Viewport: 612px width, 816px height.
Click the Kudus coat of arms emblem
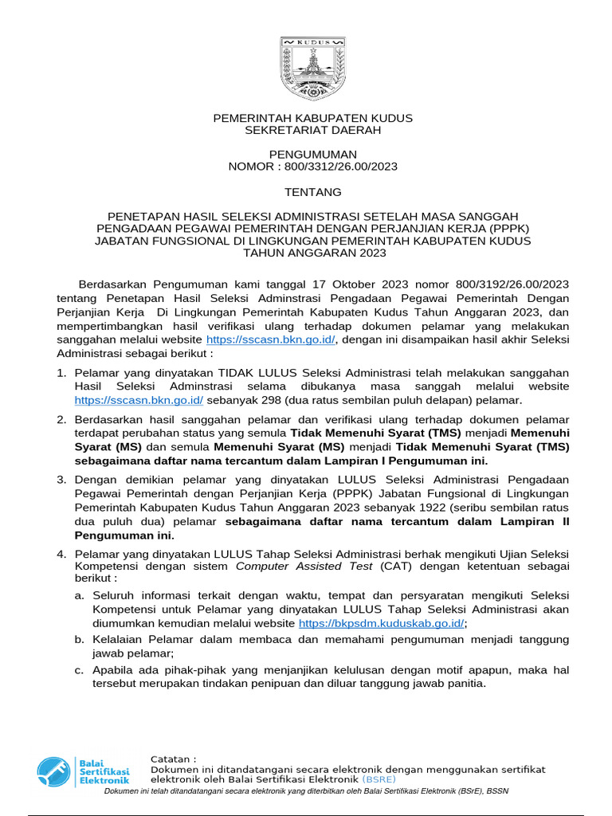[x=313, y=68]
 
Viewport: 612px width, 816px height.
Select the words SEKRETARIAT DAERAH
[x=313, y=130]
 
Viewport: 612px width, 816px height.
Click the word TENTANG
[x=313, y=192]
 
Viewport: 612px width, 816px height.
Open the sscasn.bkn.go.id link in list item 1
[x=139, y=400]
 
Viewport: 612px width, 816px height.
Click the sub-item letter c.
[x=79, y=669]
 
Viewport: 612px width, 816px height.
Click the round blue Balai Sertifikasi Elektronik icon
[x=54, y=771]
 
